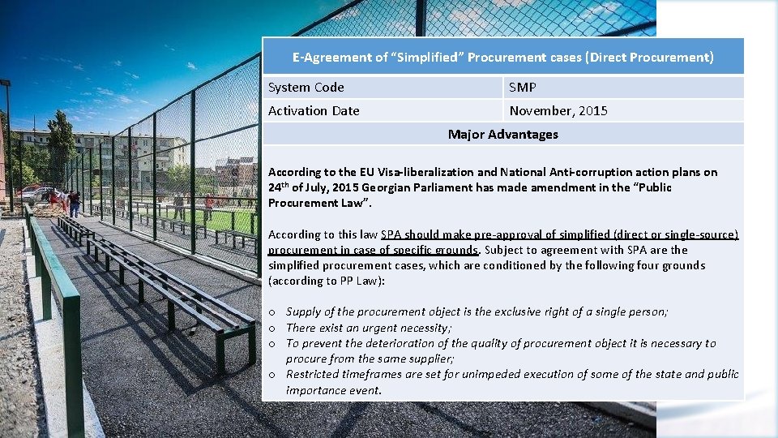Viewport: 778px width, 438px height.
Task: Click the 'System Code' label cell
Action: click(306, 88)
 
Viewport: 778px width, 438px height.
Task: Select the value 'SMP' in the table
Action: click(523, 88)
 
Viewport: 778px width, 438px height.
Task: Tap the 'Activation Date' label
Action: click(314, 110)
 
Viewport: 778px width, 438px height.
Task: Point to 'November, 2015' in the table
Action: click(558, 110)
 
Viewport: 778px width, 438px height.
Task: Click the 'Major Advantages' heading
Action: click(502, 134)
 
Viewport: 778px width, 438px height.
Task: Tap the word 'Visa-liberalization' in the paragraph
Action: click(427, 172)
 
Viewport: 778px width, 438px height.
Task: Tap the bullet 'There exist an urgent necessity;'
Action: click(369, 328)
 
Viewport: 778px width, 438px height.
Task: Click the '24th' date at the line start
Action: click(278, 187)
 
